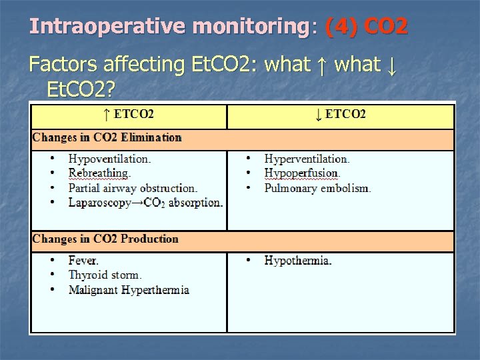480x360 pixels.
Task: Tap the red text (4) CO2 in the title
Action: click(366, 27)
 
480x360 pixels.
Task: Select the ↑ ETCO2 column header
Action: click(129, 114)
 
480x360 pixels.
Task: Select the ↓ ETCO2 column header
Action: click(340, 114)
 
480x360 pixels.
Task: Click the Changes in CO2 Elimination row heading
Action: click(107, 137)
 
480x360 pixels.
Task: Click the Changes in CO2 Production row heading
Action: click(105, 239)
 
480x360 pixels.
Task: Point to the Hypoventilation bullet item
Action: click(109, 159)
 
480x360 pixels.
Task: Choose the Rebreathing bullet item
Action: click(99, 173)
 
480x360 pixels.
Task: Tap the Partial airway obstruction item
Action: click(133, 188)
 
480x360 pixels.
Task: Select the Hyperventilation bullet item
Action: click(307, 159)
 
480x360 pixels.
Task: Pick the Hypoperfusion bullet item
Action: click(302, 173)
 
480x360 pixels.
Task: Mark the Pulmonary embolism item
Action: click(317, 188)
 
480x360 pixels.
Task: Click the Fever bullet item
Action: click(83, 261)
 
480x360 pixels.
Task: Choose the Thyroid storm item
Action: click(105, 275)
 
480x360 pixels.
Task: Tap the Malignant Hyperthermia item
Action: click(129, 290)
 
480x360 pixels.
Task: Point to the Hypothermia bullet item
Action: click(297, 261)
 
